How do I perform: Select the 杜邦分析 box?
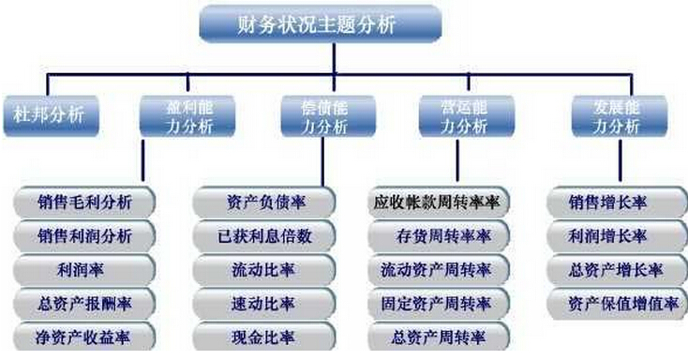pos(49,116)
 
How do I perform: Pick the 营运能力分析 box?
pos(465,115)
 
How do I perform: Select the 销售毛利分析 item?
pos(84,202)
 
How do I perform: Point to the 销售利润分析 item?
pos(84,235)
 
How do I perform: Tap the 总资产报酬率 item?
pos(84,304)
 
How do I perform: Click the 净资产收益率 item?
pos(84,337)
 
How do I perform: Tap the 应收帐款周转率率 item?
pos(436,202)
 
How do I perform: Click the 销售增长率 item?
pos(615,202)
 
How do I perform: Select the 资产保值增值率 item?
pos(615,304)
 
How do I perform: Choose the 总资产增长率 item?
pos(615,270)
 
